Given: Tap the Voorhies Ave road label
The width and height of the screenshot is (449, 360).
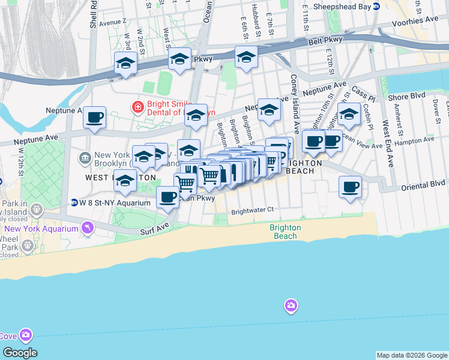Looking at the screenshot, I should click(x=414, y=19).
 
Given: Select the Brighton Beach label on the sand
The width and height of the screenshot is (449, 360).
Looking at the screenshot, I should click(x=285, y=232).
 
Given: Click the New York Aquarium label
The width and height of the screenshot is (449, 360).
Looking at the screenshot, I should click(x=42, y=229).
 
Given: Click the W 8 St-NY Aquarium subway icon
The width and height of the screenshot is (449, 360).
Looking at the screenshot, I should click(x=74, y=202).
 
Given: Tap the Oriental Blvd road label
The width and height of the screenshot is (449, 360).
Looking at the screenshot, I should click(x=424, y=183).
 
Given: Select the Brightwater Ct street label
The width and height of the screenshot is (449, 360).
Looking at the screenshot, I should click(x=252, y=210).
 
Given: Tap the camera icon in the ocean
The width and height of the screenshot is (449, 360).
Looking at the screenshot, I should click(x=291, y=306).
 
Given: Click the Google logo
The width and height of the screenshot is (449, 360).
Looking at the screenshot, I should click(x=19, y=353).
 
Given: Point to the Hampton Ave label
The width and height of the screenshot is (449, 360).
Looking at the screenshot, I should click(x=420, y=139).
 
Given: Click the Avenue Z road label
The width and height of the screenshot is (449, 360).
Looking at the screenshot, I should click(x=113, y=22).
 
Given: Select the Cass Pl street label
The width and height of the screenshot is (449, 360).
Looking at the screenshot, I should click(x=363, y=94).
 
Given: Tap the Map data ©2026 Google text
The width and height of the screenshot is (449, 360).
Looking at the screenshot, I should click(x=412, y=355).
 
